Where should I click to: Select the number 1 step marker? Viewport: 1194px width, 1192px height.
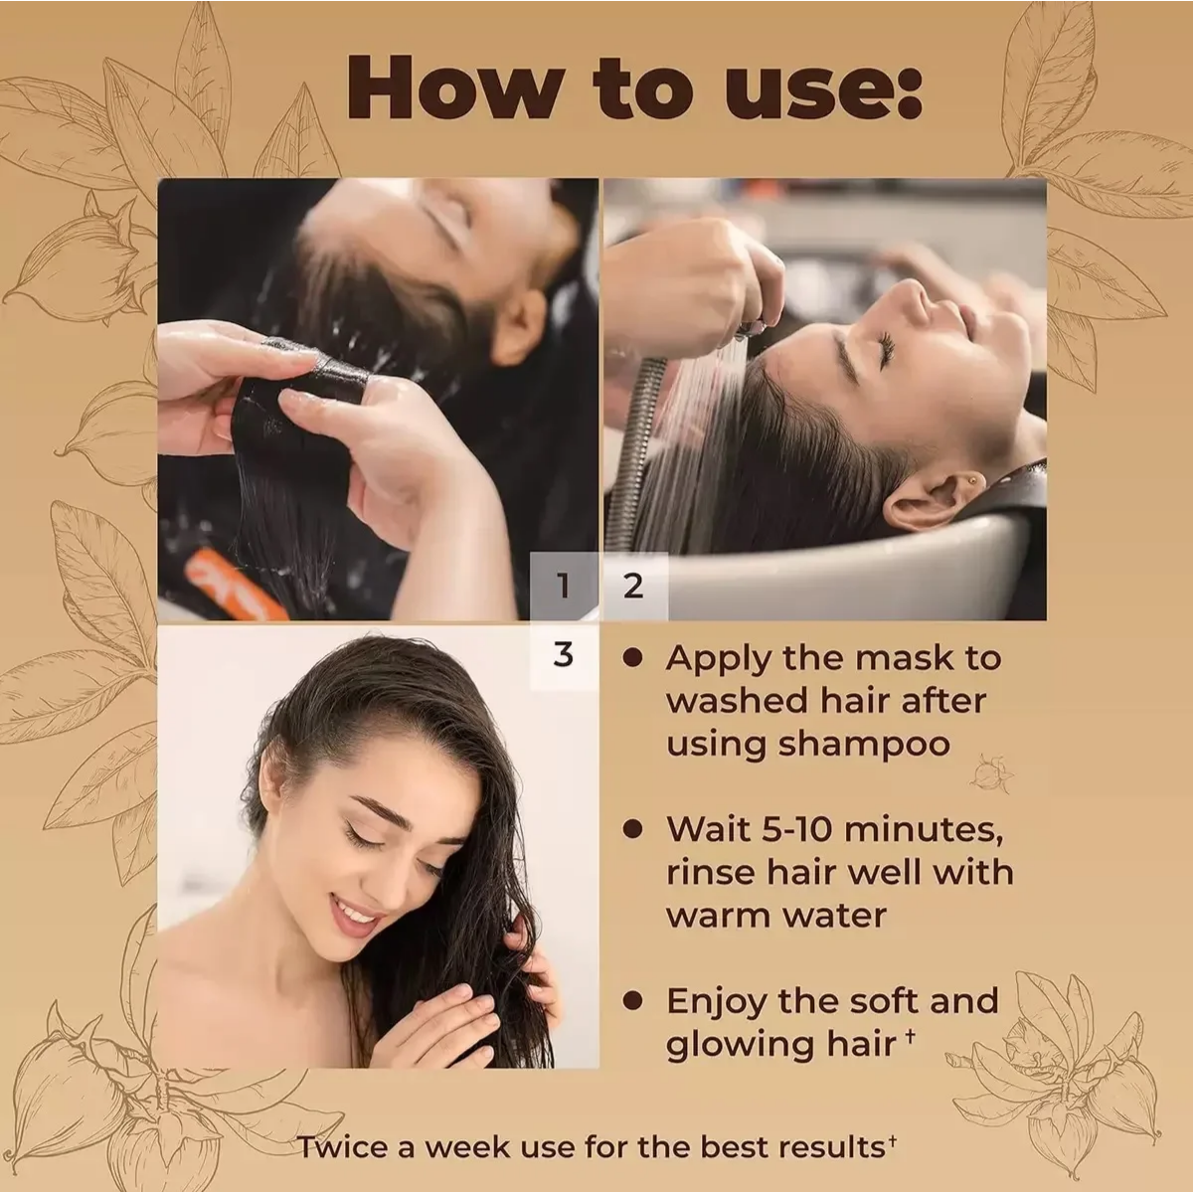click(x=564, y=586)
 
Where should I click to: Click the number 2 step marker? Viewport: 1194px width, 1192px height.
click(x=633, y=586)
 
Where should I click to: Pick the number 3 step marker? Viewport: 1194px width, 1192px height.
click(x=564, y=655)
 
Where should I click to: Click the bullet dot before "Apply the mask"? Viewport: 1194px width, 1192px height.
click(x=632, y=658)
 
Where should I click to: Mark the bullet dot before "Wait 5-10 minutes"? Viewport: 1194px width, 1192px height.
click(x=632, y=829)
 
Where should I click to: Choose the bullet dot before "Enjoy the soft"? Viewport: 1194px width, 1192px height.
click(x=632, y=1000)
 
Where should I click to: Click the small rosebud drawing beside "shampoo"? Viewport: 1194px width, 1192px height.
click(x=992, y=772)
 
